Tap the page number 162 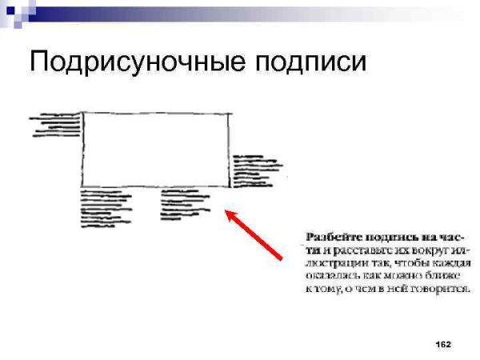[x=443, y=344]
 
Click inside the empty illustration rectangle [x=156, y=150]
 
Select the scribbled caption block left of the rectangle [x=56, y=126]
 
